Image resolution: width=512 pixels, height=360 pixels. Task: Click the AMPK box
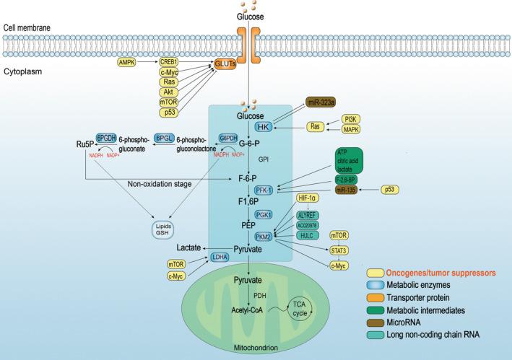[126, 63]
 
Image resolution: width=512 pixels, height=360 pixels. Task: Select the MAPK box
[352, 129]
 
